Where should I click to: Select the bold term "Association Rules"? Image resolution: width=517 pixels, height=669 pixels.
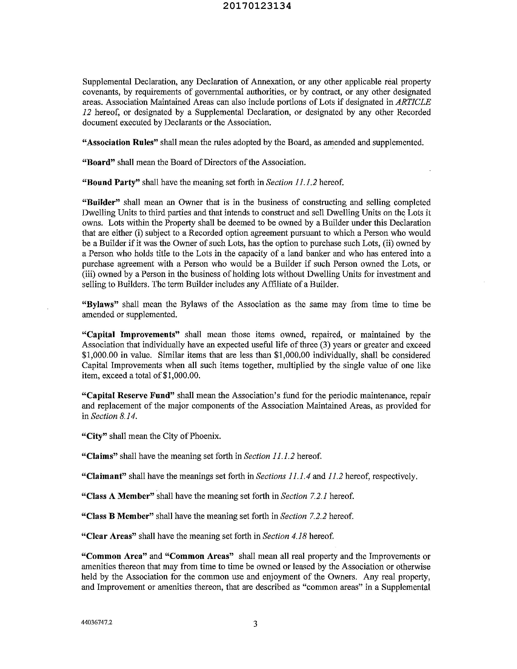(x=120, y=142)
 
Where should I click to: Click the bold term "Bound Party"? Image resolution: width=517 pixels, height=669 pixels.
(x=111, y=183)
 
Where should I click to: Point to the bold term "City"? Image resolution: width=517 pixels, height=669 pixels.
(x=95, y=436)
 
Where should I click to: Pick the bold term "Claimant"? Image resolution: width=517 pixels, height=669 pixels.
(x=104, y=476)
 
